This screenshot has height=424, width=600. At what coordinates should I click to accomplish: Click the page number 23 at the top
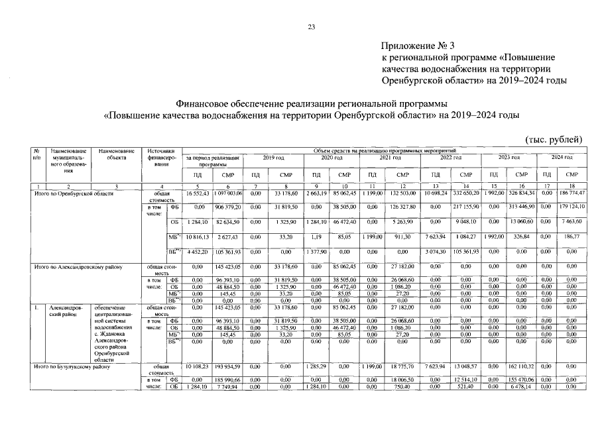(311, 27)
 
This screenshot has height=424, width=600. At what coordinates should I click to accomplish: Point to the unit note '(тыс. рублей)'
(554, 139)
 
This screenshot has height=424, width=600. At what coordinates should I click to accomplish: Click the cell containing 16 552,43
(197, 193)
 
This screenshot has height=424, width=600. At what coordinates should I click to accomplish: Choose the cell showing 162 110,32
(524, 366)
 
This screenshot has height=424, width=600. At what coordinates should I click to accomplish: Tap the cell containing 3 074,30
(428, 251)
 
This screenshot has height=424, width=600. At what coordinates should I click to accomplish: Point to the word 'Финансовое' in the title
(202, 103)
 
